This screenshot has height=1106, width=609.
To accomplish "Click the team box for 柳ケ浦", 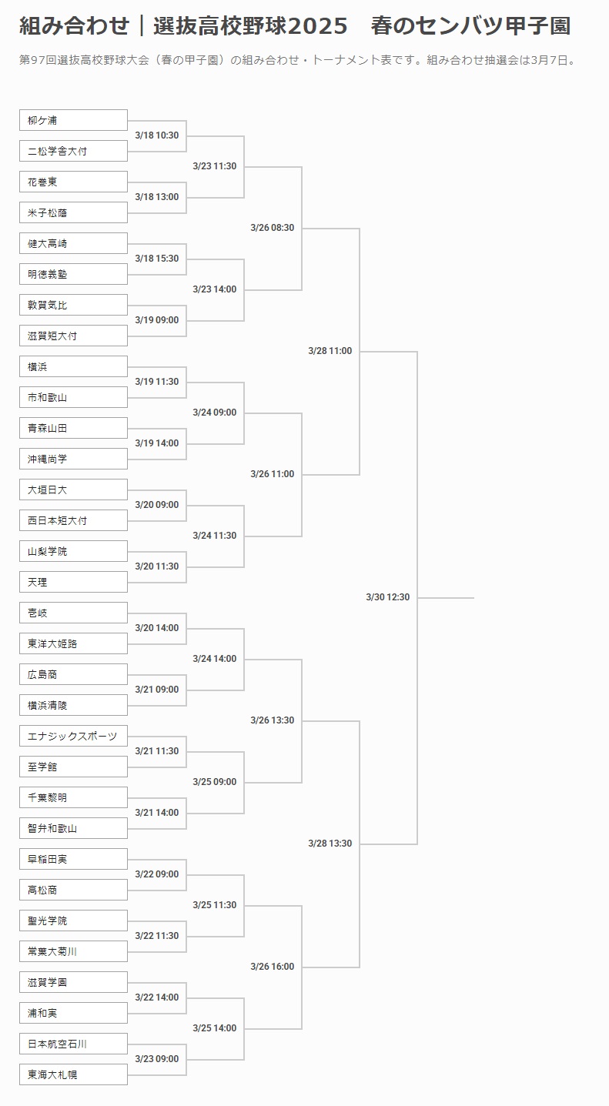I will (x=73, y=120).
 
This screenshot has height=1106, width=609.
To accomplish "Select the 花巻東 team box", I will (x=73, y=182).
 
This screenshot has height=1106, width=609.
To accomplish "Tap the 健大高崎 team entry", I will (x=73, y=243).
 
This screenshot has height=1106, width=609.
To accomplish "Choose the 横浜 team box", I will (x=73, y=366).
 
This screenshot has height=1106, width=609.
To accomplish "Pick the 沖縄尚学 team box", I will (x=73, y=459).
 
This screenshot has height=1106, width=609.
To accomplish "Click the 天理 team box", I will (x=73, y=582).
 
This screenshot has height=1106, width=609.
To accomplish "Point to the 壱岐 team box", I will (x=73, y=613).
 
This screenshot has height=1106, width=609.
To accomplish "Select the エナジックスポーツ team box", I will (x=73, y=736).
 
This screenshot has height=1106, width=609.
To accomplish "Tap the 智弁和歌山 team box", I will (x=73, y=828).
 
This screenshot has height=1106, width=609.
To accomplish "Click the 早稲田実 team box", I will (x=73, y=859).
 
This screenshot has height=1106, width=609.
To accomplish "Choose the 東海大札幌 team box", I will (x=73, y=1074).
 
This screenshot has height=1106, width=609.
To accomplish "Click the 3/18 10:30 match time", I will (x=156, y=135).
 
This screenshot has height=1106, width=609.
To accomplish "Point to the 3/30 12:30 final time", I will (x=387, y=597).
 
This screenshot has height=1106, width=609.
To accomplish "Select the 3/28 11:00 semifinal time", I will (x=330, y=351).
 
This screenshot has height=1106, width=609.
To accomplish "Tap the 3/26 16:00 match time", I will (x=272, y=967).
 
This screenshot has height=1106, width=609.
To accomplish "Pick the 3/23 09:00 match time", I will (x=156, y=1059).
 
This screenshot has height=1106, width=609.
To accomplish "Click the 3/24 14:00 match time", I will (x=214, y=659).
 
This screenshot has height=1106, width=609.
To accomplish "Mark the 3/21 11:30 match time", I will (x=156, y=751).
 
